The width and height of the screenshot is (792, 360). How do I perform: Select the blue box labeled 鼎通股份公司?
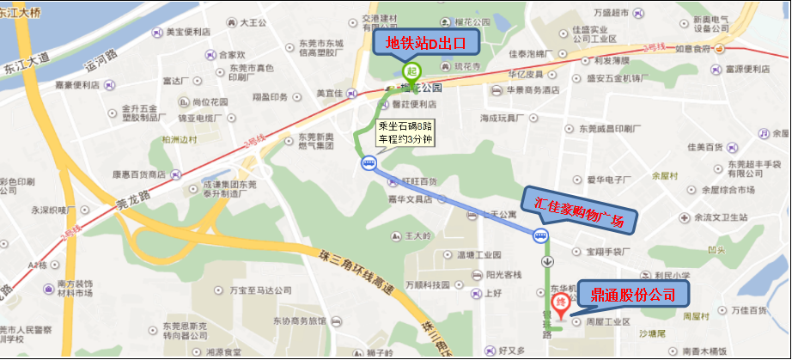tap(633, 295)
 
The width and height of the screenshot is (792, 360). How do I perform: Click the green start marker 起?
tap(411, 70)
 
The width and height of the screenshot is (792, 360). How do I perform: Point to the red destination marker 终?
tap(561, 302)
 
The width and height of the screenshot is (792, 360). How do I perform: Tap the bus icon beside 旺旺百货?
tap(369, 163)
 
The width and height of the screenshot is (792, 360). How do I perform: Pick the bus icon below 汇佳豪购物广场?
tap(542, 236)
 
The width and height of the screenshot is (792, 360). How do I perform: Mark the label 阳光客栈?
tap(503, 275)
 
